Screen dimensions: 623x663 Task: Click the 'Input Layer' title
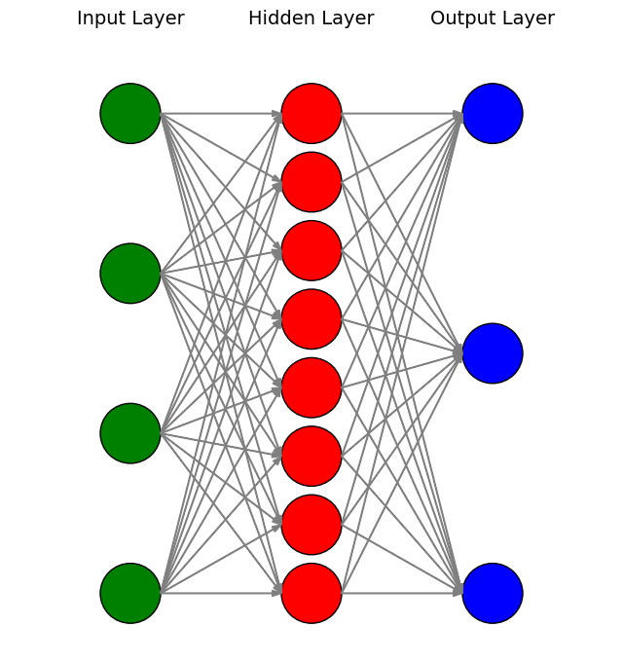(x=130, y=18)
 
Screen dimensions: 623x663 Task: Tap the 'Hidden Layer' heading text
(x=311, y=18)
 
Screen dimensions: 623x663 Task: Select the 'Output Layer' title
(x=493, y=18)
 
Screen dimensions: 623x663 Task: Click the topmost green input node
(x=130, y=113)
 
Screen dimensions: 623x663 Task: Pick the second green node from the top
(x=130, y=274)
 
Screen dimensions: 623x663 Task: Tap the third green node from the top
(x=130, y=433)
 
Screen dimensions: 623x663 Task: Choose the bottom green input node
(x=130, y=593)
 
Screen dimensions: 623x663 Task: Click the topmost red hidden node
(x=311, y=113)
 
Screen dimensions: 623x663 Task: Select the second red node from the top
(x=311, y=182)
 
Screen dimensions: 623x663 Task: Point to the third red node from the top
(x=311, y=250)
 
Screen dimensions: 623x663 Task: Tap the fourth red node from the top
(x=311, y=318)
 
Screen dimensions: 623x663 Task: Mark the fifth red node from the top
(x=311, y=387)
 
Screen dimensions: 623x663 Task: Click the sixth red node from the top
(x=311, y=456)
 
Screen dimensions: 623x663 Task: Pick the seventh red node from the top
(x=311, y=525)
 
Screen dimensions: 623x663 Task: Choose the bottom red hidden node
(x=311, y=593)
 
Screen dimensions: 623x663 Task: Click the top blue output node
(x=493, y=113)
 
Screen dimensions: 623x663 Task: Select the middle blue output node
(x=493, y=353)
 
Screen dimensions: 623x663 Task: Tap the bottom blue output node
(x=493, y=593)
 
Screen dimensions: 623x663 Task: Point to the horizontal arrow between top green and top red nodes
(x=221, y=113)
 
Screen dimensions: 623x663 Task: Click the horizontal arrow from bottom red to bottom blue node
(x=402, y=593)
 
